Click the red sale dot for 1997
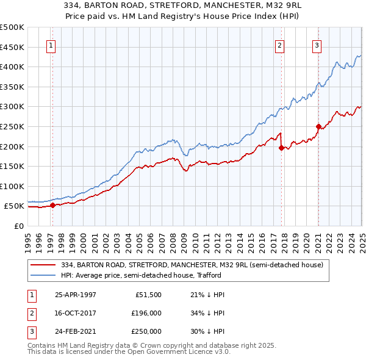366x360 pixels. pos(52,205)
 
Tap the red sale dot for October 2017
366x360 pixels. pos(281,147)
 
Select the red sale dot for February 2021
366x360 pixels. pos(318,126)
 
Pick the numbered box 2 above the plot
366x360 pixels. pos(279,45)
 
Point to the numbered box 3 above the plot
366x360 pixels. pos(317,45)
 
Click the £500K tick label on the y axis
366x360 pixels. pos(12,27)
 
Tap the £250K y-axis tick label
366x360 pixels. pos(12,126)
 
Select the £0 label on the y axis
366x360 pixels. pos(20,226)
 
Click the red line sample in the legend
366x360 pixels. pos(44,265)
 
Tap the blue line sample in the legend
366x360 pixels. pos(44,275)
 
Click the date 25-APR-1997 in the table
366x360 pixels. pos(76,295)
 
